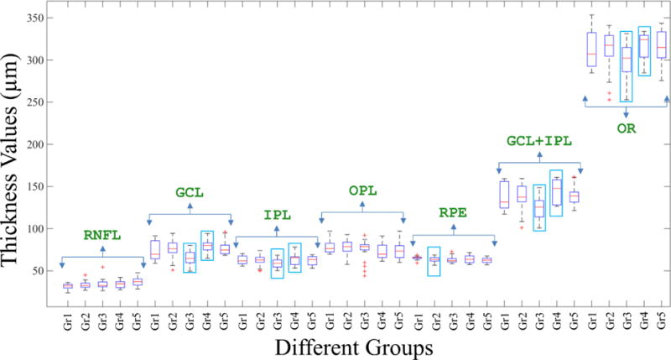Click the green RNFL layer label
[102, 235]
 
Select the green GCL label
[190, 192]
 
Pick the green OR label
[626, 128]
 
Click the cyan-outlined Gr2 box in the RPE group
[434, 261]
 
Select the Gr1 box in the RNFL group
[68, 286]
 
